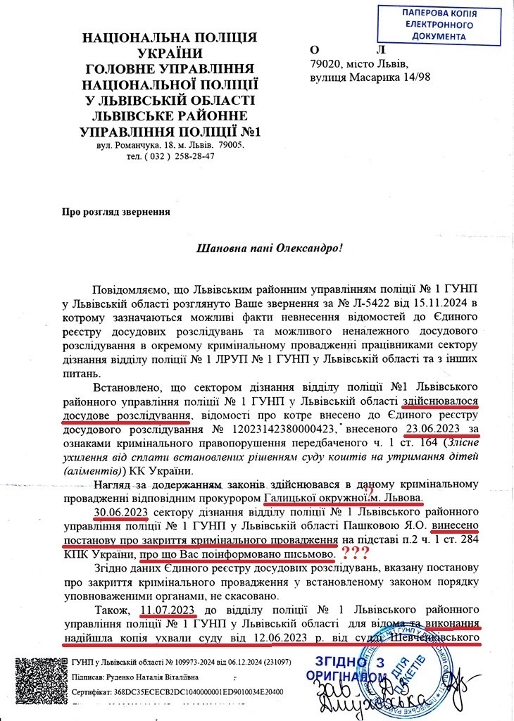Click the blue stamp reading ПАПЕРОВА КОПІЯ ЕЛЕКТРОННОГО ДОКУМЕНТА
pos(441,24)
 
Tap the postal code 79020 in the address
pos(325,64)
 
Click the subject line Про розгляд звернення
pos(116,210)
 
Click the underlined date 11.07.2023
pos(170,610)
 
